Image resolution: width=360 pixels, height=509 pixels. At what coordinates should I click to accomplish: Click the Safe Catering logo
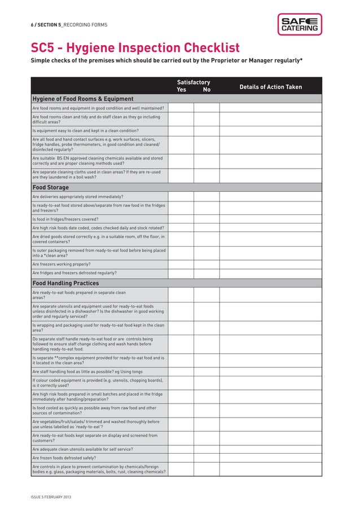tap(299, 24)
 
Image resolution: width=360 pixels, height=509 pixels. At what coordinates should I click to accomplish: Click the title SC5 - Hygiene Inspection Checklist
tap(135, 48)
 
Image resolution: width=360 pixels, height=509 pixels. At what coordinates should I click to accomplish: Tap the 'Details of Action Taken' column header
tap(270, 87)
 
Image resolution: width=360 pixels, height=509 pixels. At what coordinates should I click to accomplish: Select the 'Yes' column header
tap(182, 90)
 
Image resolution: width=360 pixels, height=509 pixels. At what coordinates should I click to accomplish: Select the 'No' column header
tap(207, 90)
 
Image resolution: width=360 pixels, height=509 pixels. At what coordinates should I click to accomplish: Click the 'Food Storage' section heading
tap(51, 187)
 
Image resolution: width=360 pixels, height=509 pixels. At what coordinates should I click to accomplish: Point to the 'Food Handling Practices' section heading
tap(65, 283)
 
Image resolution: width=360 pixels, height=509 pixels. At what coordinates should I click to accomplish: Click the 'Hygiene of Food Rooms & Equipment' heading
tap(83, 99)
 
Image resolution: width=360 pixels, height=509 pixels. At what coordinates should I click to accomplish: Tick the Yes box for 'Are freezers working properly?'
tap(181, 264)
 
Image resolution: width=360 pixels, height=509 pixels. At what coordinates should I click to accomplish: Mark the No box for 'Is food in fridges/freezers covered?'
tap(207, 219)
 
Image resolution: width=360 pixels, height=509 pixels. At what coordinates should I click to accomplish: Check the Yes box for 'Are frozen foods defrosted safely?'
tap(181, 458)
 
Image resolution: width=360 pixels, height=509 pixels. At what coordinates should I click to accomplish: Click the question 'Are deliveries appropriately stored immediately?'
tap(78, 197)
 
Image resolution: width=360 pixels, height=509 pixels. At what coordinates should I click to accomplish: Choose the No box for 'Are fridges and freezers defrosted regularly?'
tap(207, 273)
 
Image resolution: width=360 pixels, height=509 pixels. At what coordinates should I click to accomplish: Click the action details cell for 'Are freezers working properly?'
tap(270, 264)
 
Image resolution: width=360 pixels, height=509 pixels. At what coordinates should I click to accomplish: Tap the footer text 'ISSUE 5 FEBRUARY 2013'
tap(51, 497)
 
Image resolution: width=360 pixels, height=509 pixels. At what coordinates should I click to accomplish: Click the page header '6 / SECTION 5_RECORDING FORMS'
tap(69, 25)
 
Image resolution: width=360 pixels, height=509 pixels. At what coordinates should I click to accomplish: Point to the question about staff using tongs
tap(87, 372)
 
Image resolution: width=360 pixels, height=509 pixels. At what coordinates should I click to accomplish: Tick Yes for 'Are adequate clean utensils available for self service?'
tap(181, 449)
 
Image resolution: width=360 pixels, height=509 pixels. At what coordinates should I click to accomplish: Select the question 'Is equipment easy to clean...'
tap(85, 130)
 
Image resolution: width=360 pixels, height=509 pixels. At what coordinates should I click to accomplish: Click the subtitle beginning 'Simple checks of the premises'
tap(166, 60)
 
